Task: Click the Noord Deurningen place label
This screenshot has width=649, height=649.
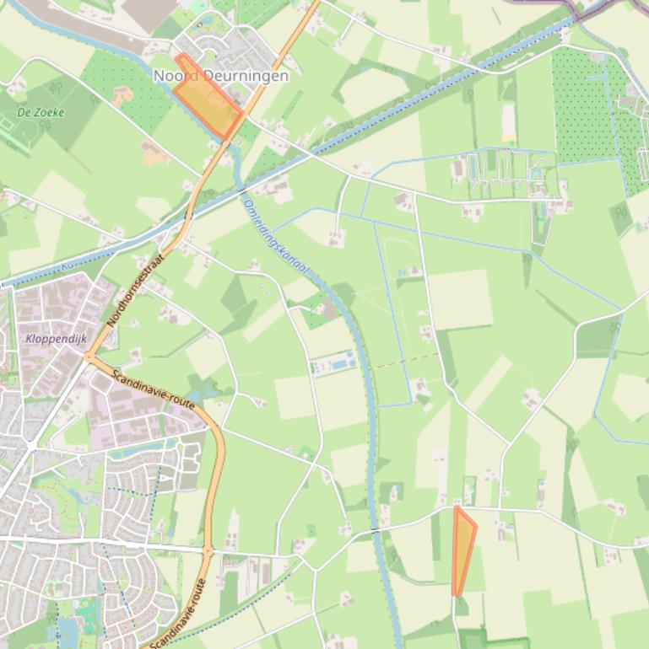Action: pyautogui.click(x=220, y=76)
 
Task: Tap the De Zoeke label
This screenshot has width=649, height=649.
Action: pyautogui.click(x=41, y=111)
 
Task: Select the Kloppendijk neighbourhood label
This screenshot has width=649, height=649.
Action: pyautogui.click(x=57, y=339)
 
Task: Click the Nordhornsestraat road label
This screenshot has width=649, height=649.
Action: pyautogui.click(x=134, y=290)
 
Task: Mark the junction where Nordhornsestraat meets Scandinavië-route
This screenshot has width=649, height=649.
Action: pyautogui.click(x=88, y=357)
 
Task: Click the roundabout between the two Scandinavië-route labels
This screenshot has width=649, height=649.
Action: pyautogui.click(x=208, y=552)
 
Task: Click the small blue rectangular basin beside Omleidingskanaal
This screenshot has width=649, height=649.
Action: pyautogui.click(x=330, y=366)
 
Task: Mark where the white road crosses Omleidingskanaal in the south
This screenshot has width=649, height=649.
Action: pyautogui.click(x=374, y=529)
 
